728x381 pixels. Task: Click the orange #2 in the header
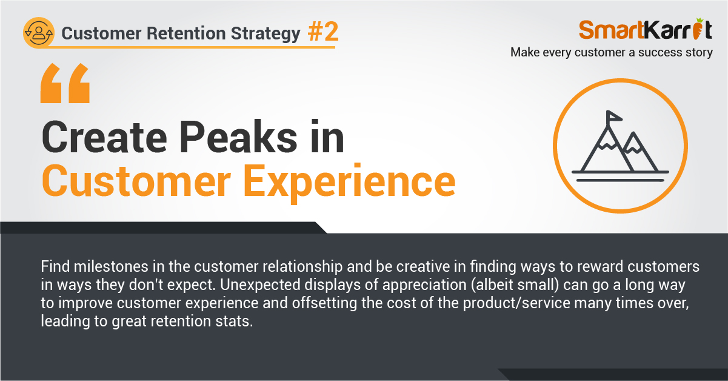[323, 32]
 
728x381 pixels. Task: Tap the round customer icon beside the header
[39, 33]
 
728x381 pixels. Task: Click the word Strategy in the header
[265, 34]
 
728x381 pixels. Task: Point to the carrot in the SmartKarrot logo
[698, 29]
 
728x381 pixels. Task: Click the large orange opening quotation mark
[65, 83]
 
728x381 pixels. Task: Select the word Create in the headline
[104, 137]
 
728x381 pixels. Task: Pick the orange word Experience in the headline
[350, 182]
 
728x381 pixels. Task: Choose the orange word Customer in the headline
[136, 181]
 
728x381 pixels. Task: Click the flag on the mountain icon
[613, 116]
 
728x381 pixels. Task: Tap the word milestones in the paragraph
[111, 266]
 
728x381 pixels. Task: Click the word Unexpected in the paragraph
[260, 285]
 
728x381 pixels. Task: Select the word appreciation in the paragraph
[424, 285]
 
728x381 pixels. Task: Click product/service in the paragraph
[516, 303]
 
